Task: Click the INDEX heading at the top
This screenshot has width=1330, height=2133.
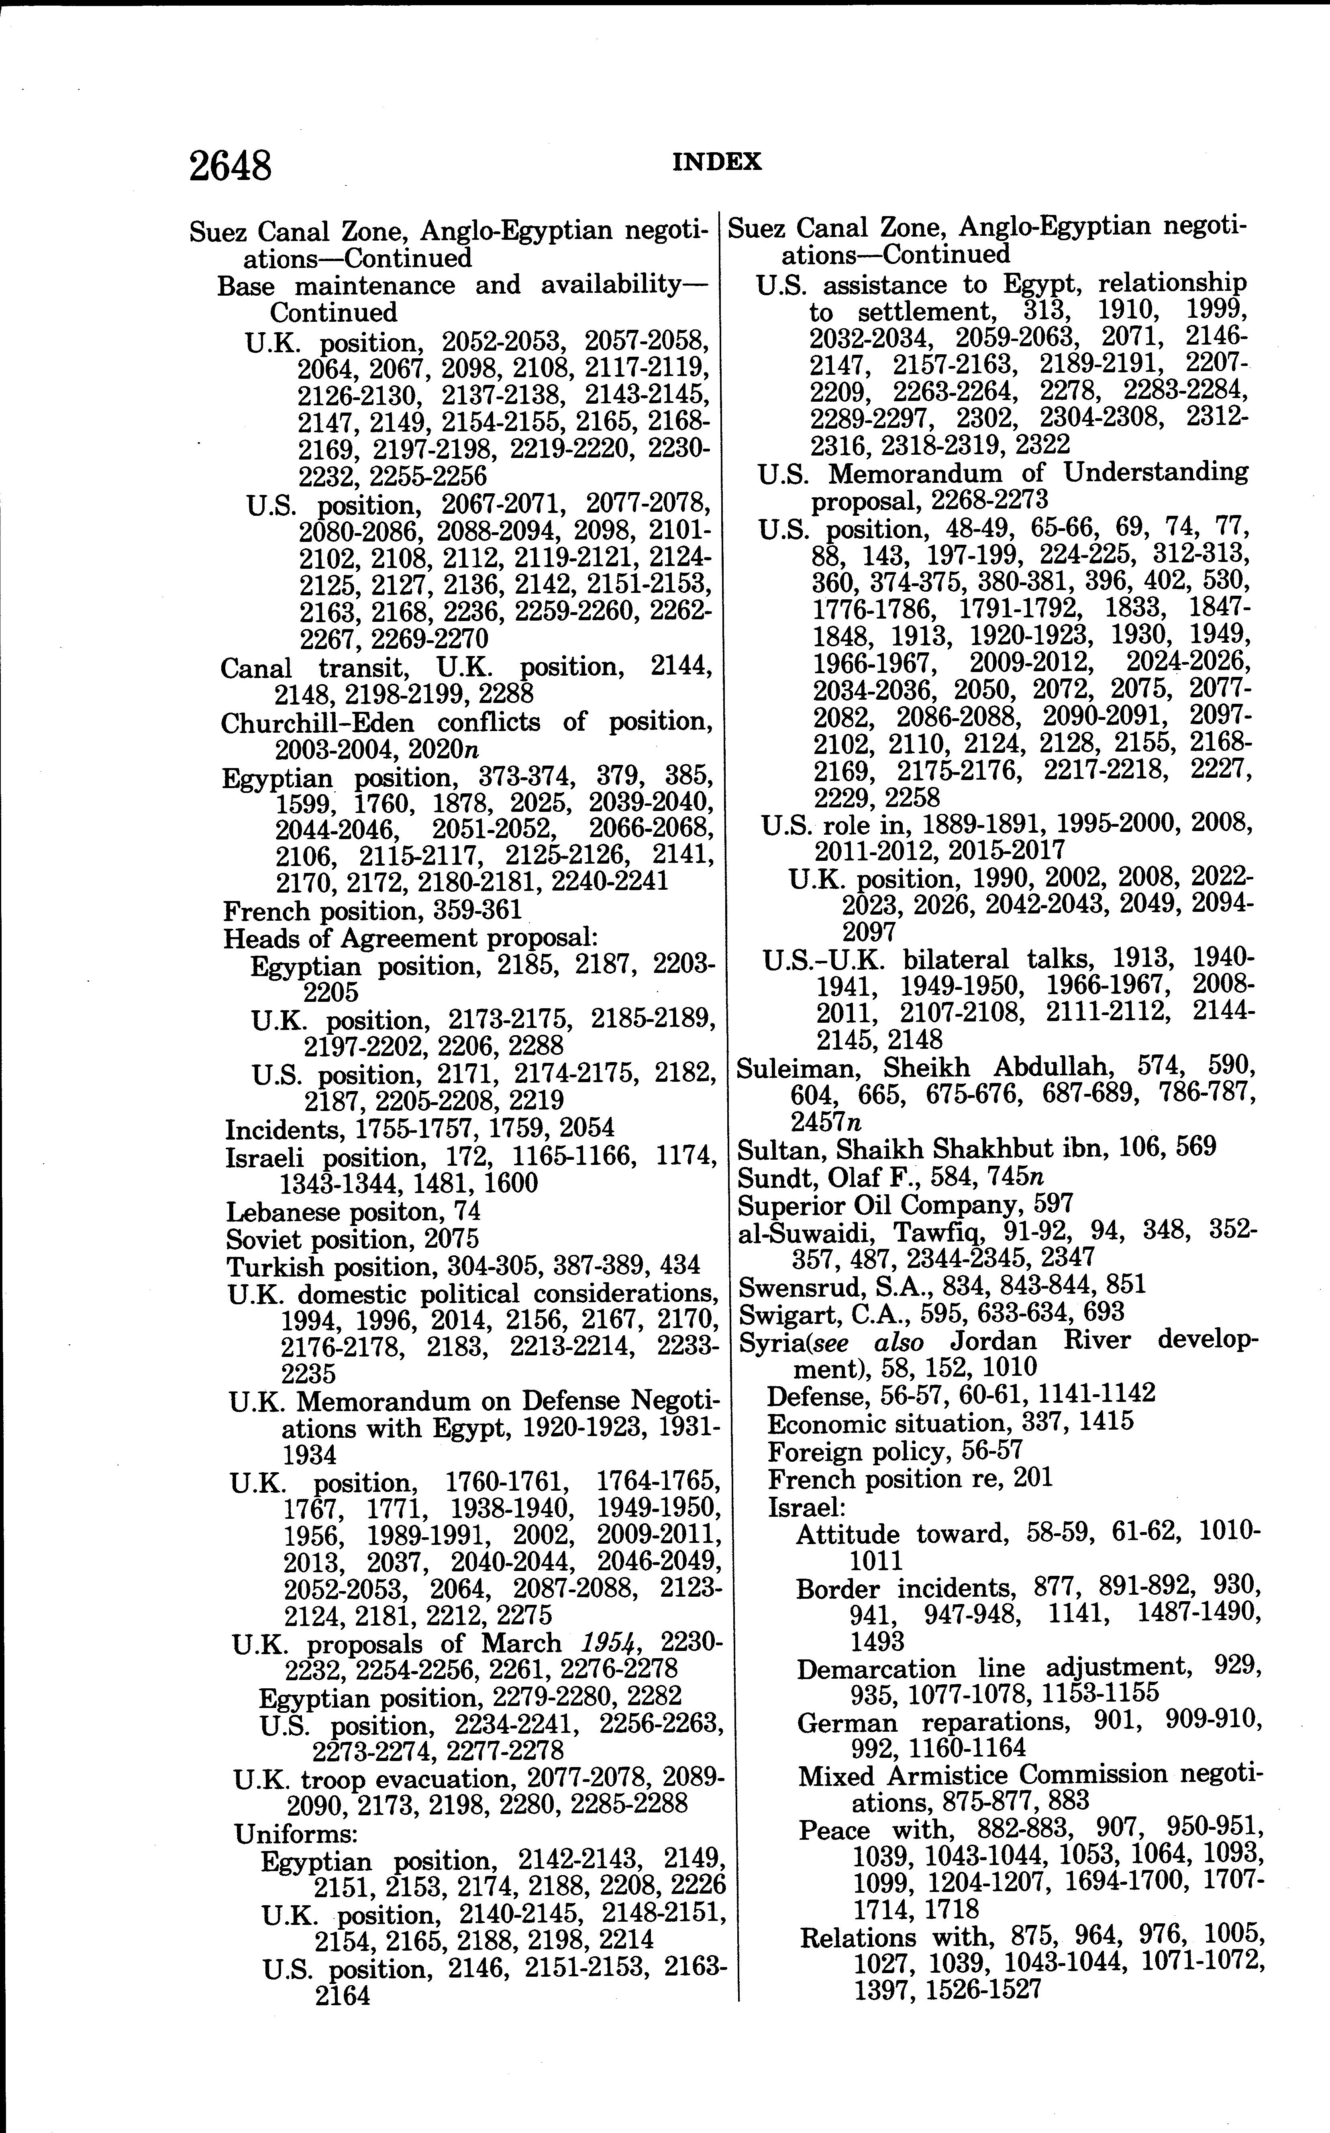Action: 717,162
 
